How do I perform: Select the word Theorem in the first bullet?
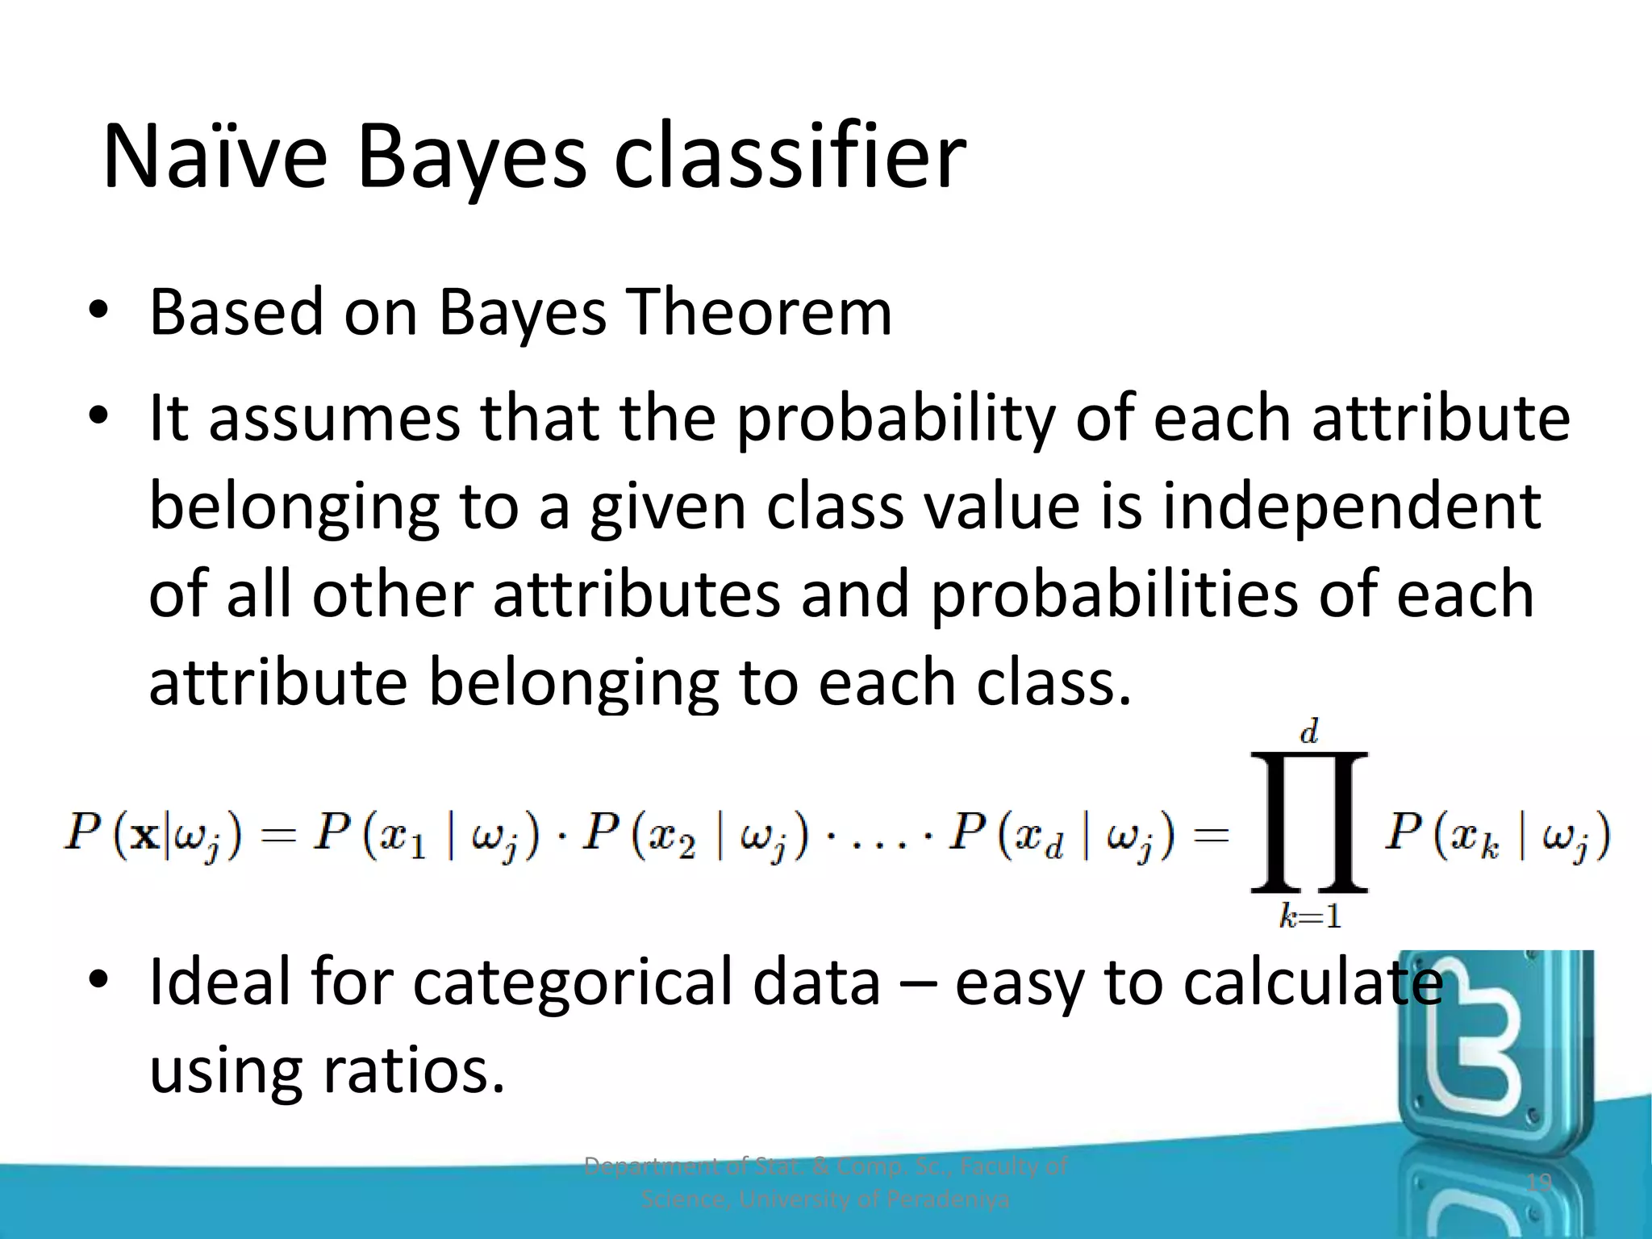point(760,312)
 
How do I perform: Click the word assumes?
point(334,419)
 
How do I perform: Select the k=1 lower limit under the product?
point(1310,916)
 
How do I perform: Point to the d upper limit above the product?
point(1308,732)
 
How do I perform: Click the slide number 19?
point(1539,1183)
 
